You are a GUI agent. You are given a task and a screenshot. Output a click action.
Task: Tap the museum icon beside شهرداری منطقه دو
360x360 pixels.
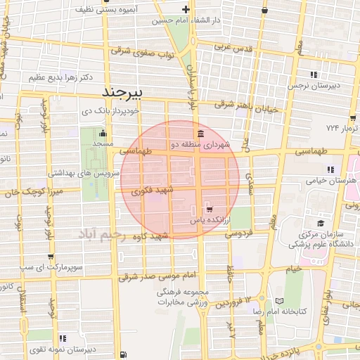[201, 134]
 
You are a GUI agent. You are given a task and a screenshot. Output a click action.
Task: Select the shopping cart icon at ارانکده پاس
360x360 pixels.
[208, 210]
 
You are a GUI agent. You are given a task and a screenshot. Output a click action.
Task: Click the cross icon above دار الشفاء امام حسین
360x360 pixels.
[186, 10]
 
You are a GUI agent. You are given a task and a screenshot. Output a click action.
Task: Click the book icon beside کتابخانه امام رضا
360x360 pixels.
[280, 302]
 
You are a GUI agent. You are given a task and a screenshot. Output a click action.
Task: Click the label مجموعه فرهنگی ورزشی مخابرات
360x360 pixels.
[176, 297]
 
